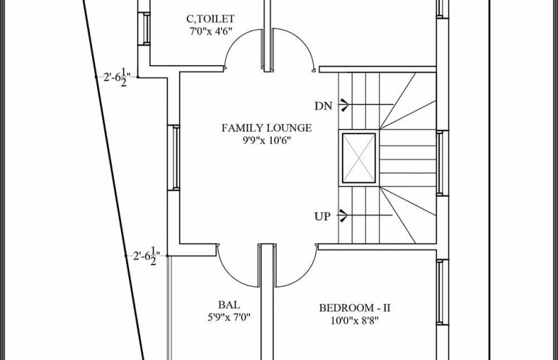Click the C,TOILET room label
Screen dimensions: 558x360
click(x=210, y=19)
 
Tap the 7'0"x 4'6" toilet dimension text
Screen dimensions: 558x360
click(x=211, y=31)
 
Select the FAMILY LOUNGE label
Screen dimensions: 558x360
click(x=267, y=127)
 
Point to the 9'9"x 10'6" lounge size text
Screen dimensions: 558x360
click(x=267, y=141)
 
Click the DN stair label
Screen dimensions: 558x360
click(x=323, y=106)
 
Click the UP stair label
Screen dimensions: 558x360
click(x=322, y=217)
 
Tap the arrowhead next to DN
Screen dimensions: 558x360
click(x=343, y=105)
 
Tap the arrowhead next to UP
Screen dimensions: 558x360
click(x=343, y=215)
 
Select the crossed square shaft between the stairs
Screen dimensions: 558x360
click(x=359, y=158)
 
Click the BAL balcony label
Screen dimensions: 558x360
click(x=229, y=305)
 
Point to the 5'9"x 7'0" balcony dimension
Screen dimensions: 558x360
click(x=229, y=317)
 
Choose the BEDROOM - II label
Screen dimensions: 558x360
click(x=354, y=308)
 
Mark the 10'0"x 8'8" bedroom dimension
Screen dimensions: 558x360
click(x=354, y=321)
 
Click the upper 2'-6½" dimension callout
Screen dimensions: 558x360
click(x=117, y=78)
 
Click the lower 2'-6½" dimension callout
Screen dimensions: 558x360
click(x=146, y=256)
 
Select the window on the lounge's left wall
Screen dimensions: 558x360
click(x=174, y=158)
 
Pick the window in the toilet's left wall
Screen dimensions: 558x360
click(x=144, y=28)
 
